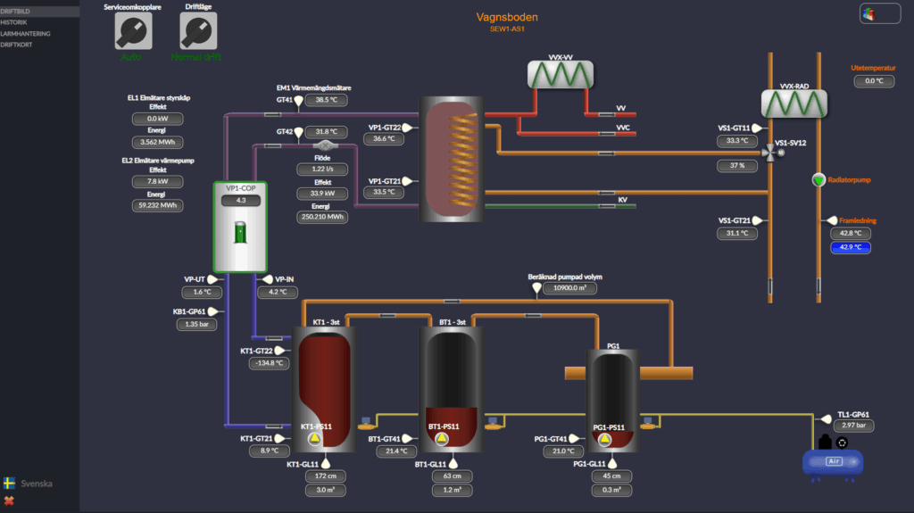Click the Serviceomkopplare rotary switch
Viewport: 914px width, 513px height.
(x=132, y=32)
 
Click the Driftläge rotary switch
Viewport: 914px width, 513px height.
(x=197, y=32)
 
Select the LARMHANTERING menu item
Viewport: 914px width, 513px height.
(x=26, y=33)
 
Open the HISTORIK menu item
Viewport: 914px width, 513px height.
(x=15, y=22)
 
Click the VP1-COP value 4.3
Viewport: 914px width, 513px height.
(x=240, y=201)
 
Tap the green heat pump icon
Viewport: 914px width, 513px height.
(x=239, y=232)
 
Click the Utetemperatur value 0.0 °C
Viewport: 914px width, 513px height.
(x=873, y=81)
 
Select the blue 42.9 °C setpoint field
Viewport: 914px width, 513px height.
(x=850, y=247)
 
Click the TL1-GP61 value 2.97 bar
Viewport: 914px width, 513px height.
(x=853, y=426)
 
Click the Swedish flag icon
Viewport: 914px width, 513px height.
(x=10, y=483)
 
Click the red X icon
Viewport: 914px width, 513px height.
(x=10, y=501)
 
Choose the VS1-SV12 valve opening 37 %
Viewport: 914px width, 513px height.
(x=737, y=165)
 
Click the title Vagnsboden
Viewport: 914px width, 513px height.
(x=507, y=17)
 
